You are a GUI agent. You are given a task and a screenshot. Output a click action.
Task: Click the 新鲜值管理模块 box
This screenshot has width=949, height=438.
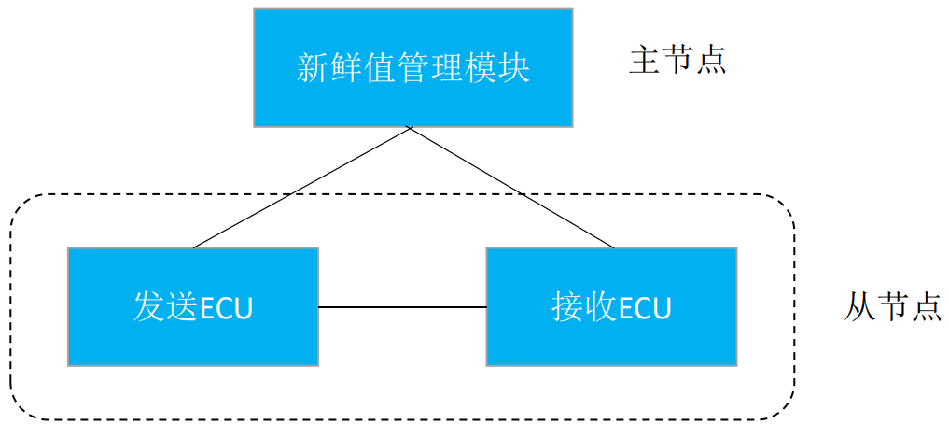pyautogui.click(x=412, y=68)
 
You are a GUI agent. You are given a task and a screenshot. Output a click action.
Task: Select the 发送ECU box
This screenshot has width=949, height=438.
pyautogui.click(x=192, y=306)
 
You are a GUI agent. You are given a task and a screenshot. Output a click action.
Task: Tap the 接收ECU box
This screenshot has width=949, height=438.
pyautogui.click(x=611, y=306)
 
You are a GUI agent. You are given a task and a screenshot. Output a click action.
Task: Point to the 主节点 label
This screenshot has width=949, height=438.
pyautogui.click(x=677, y=61)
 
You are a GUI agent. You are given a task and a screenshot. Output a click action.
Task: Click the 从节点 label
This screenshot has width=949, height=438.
pyautogui.click(x=893, y=306)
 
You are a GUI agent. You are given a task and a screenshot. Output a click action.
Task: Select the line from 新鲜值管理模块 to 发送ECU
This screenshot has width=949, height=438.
pyautogui.click(x=300, y=188)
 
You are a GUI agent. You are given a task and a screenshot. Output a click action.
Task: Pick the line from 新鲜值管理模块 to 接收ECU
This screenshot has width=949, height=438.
pyautogui.click(x=511, y=188)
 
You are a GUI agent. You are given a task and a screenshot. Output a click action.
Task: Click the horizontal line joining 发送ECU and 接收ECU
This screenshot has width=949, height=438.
pyautogui.click(x=402, y=306)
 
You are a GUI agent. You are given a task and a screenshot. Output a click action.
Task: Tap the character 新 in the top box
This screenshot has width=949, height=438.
pyautogui.click(x=311, y=68)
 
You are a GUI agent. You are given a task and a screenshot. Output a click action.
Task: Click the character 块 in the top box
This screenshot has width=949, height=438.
pyautogui.click(x=514, y=68)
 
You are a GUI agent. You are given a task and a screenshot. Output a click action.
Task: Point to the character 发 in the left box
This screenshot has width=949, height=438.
pyautogui.click(x=148, y=306)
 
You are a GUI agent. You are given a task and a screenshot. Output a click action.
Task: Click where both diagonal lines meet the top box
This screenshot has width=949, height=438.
pyautogui.click(x=410, y=128)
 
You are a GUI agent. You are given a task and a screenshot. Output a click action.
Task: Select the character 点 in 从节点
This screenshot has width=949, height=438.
pyautogui.click(x=926, y=306)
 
